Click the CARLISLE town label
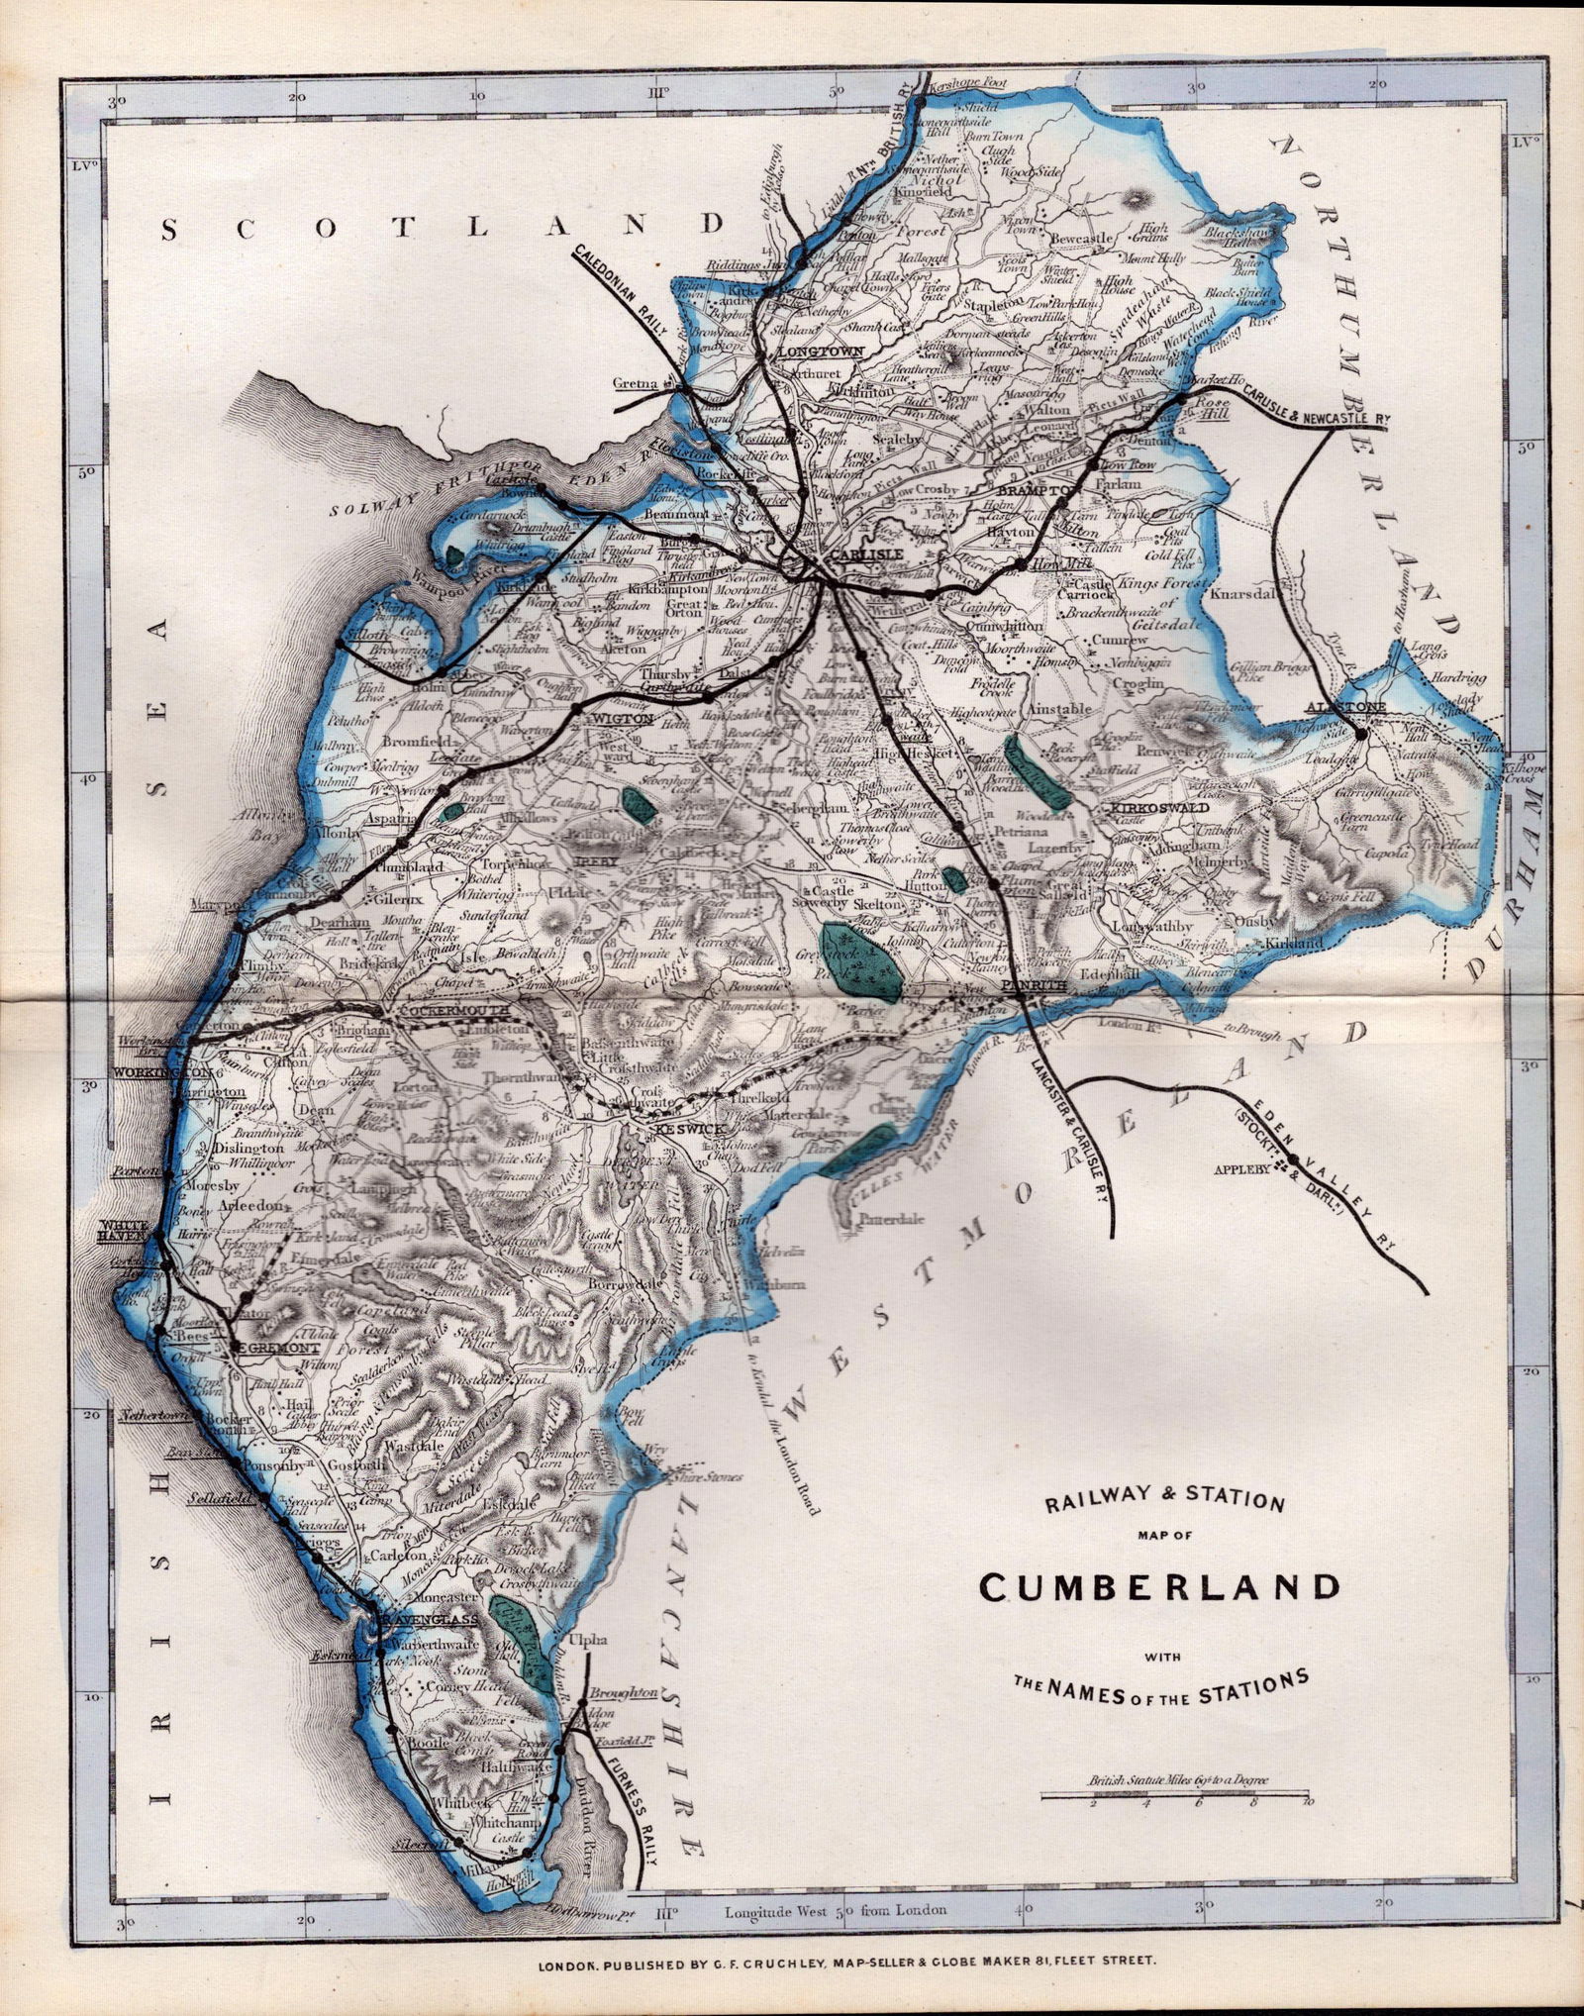(x=866, y=554)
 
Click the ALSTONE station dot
(x=1361, y=735)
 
